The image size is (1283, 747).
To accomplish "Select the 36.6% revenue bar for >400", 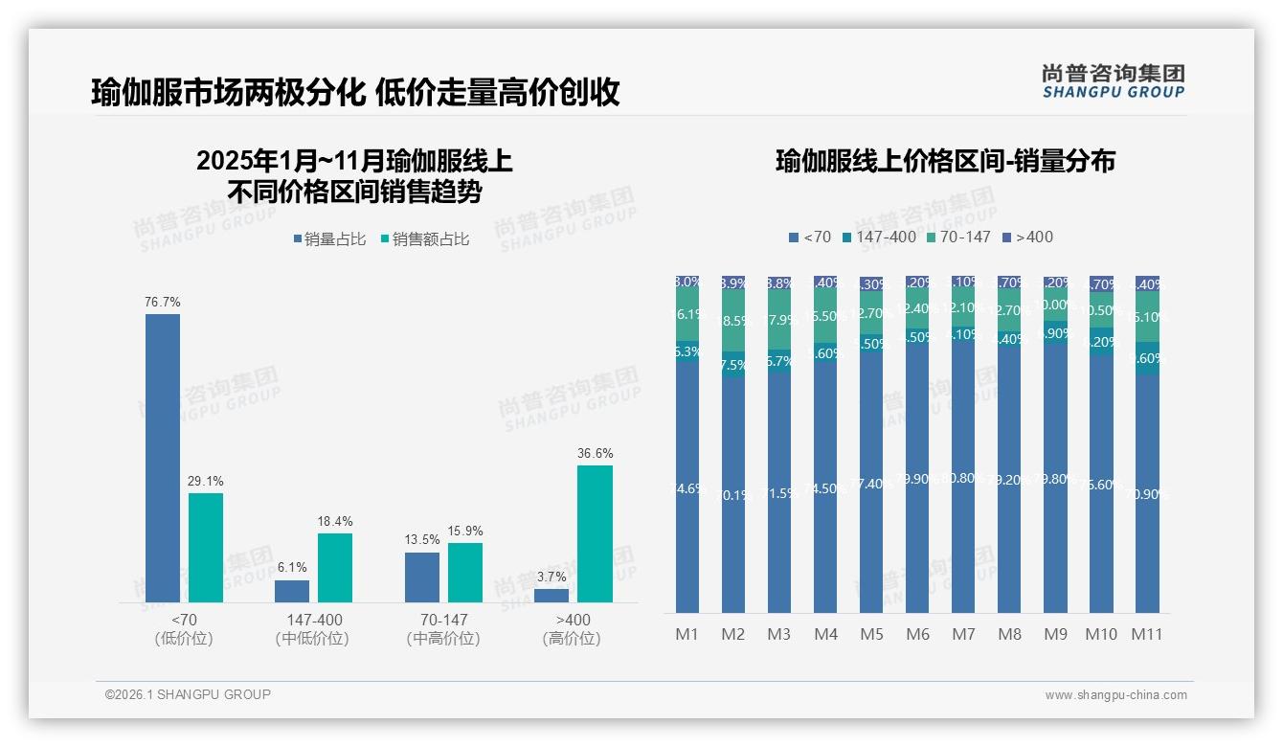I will (x=595, y=533).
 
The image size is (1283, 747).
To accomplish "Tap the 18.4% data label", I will (x=335, y=522).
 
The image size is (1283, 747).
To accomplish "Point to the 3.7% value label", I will (x=551, y=577).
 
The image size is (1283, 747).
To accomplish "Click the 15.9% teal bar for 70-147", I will (x=465, y=573).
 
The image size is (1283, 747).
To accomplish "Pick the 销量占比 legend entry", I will (x=330, y=239).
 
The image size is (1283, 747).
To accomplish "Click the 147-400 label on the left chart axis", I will (x=314, y=620).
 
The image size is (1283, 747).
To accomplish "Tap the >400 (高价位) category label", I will (x=573, y=629).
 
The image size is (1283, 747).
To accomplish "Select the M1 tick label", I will (x=687, y=634).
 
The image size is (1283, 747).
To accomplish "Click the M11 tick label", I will (x=1146, y=634).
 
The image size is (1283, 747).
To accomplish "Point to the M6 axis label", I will (x=917, y=634).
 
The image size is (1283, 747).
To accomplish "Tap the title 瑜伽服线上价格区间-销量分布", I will (x=945, y=162).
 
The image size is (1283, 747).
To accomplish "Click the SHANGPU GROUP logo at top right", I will (x=1113, y=81).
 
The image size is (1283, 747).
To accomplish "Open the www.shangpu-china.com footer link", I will (x=1115, y=695).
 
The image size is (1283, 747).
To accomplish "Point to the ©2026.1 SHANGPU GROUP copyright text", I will (x=188, y=694).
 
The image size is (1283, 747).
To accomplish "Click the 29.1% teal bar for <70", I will (x=206, y=548).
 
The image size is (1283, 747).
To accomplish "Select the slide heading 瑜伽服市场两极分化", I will (x=228, y=92).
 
